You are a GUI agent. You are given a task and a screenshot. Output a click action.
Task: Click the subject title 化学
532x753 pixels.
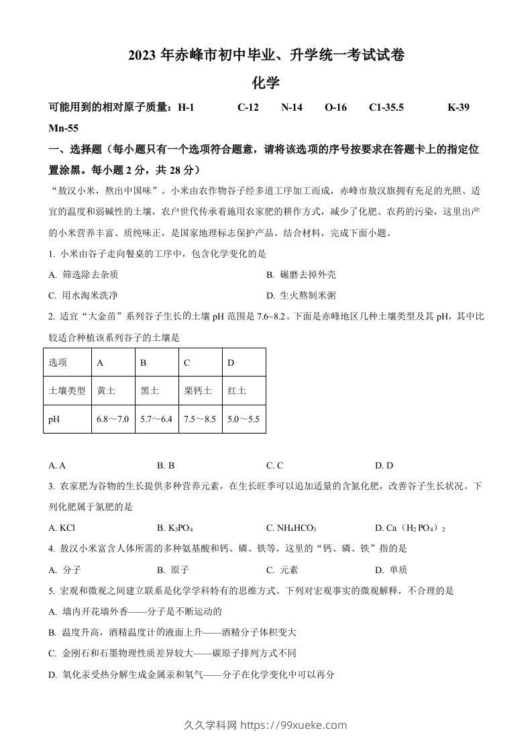[x=265, y=83]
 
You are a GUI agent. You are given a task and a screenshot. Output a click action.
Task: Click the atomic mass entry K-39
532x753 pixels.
[x=458, y=107]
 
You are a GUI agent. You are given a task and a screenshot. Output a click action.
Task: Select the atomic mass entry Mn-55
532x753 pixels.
[x=64, y=128]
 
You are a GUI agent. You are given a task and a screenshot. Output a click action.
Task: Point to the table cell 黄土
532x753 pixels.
[x=106, y=391]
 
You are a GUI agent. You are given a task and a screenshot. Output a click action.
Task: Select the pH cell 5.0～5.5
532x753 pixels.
[x=243, y=419]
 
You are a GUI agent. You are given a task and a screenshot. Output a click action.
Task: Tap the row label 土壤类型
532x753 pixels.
[x=67, y=391]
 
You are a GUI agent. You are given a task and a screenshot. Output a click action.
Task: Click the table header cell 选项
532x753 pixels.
[x=58, y=362]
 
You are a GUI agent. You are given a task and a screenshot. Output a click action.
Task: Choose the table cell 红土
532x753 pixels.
[x=236, y=391]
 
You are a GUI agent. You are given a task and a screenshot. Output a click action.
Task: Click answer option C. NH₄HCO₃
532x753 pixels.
[x=291, y=528]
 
